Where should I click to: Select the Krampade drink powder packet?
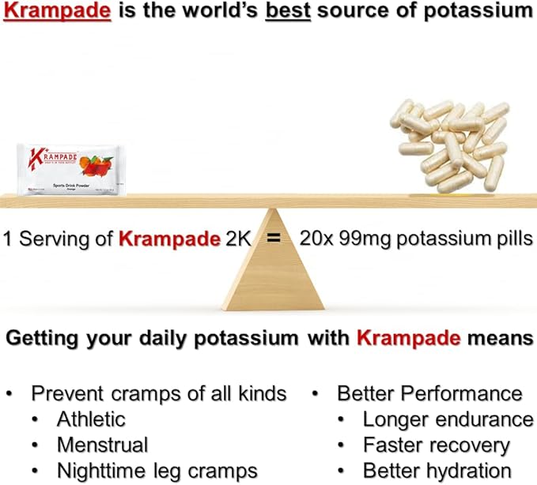pos(68,169)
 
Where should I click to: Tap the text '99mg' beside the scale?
pos(363,238)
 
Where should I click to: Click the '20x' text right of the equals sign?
pos(314,238)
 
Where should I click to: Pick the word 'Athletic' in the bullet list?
pos(91,419)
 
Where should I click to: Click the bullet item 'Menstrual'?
pos(102,445)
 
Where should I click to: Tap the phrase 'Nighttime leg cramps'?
pos(157,471)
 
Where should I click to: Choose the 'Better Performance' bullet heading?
pos(429,393)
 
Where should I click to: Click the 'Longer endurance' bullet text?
pos(448,419)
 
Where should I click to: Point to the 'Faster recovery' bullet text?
pos(436,445)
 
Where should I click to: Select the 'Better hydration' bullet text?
pos(437,471)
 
